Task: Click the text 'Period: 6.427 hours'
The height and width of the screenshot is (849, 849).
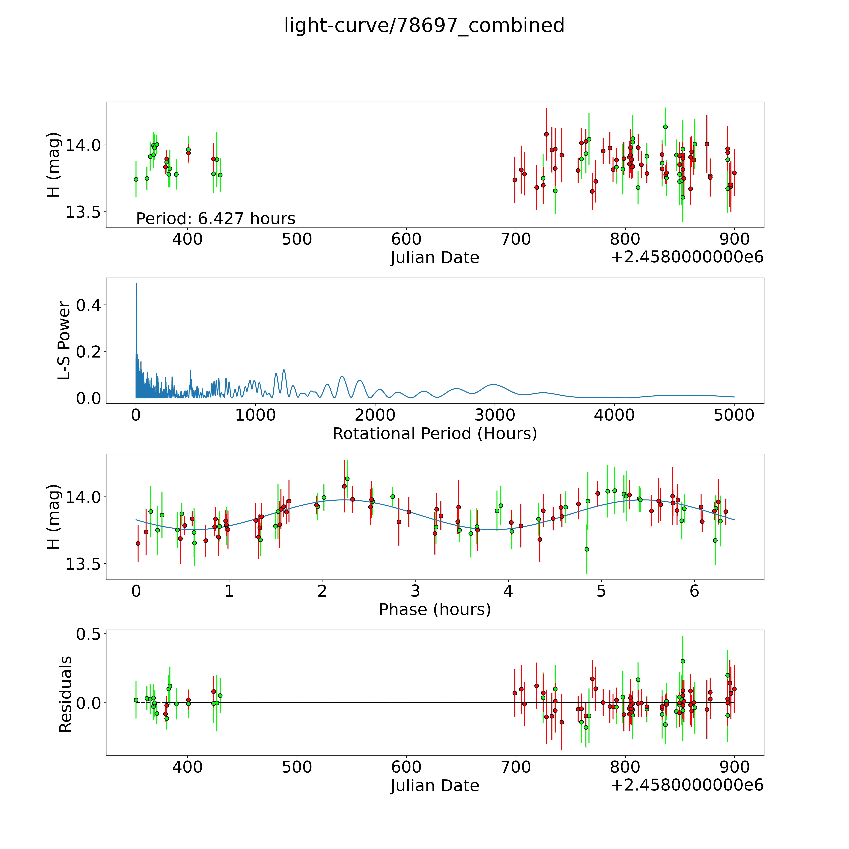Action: point(215,218)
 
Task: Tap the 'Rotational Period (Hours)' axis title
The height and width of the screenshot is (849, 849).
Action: point(435,434)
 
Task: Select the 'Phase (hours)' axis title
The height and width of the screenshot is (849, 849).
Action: point(435,610)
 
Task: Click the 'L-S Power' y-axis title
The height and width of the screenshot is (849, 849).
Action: point(64,341)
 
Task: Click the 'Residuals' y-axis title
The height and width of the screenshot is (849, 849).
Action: point(65,694)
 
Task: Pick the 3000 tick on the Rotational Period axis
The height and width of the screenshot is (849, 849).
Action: point(495,415)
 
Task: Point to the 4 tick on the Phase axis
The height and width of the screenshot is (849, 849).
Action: point(508,591)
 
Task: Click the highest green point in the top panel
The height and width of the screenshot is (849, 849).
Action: point(665,127)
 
